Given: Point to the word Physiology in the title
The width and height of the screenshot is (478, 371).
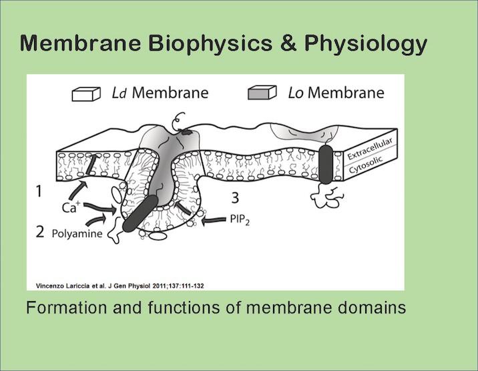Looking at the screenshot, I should (365, 43).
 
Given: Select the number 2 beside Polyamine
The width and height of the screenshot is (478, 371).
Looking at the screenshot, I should (41, 232).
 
